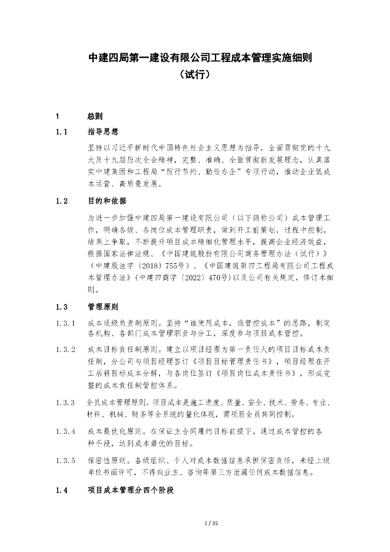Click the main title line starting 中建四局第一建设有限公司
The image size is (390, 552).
pyautogui.click(x=194, y=58)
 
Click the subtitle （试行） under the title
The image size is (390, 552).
pyautogui.click(x=194, y=74)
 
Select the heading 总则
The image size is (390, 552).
pyautogui.click(x=95, y=116)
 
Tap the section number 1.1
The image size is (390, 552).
pyautogui.click(x=62, y=132)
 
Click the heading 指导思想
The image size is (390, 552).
pyautogui.click(x=103, y=132)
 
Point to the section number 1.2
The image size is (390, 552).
pyautogui.click(x=62, y=201)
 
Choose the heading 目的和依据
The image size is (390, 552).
pyautogui.click(x=107, y=201)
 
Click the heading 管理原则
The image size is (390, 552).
pyautogui.click(x=103, y=307)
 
